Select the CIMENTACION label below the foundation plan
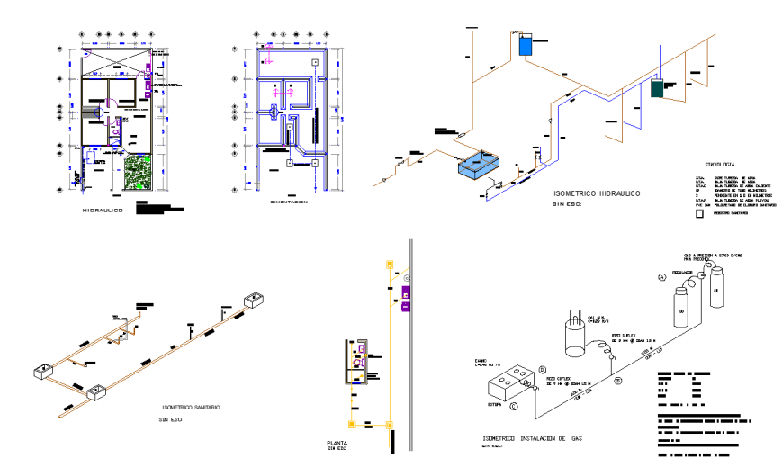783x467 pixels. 290,202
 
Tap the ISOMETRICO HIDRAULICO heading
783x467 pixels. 595,193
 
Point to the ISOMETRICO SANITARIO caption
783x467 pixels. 190,407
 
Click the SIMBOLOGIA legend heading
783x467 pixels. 715,165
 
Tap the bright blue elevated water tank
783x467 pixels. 526,45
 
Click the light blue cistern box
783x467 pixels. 482,166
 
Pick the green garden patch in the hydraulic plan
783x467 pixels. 139,171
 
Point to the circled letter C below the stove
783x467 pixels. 514,406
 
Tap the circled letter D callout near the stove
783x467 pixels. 543,369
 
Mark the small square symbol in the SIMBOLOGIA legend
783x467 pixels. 699,214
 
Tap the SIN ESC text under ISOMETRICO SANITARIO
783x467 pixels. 171,419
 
